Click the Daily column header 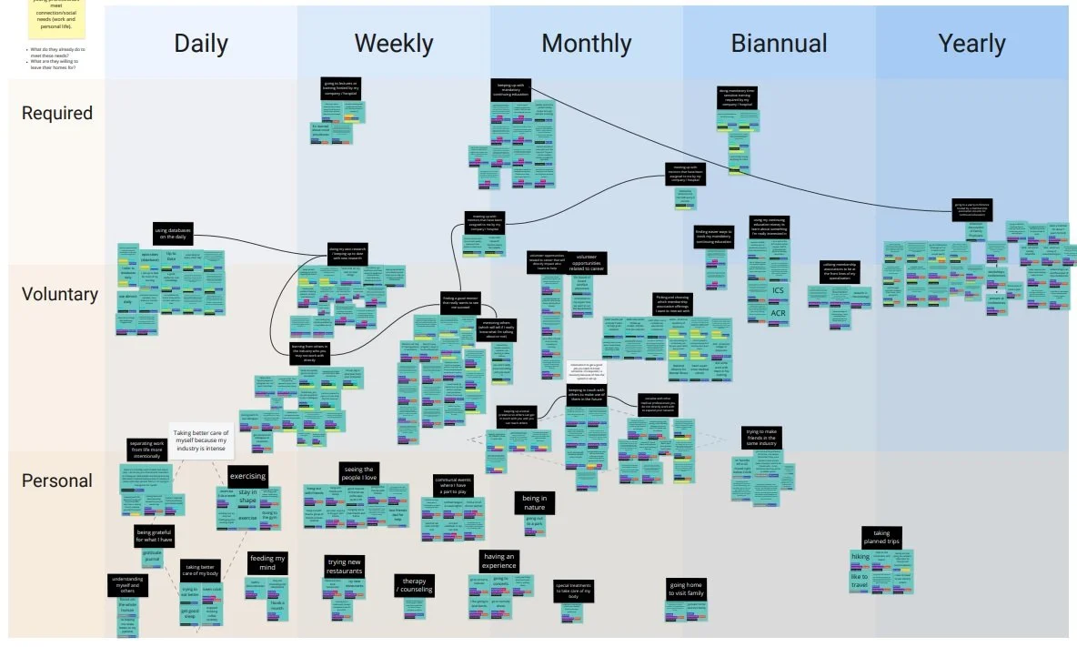click(201, 44)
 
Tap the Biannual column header click(779, 44)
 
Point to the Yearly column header click(971, 44)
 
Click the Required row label click(56, 113)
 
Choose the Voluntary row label click(60, 294)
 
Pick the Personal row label click(56, 480)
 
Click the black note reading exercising click(247, 475)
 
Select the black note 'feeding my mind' click(267, 563)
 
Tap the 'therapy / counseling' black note click(414, 584)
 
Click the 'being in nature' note click(535, 503)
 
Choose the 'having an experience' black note click(499, 561)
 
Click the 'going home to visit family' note click(686, 589)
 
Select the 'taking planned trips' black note click(881, 537)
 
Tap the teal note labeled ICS click(778, 291)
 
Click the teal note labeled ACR click(778, 313)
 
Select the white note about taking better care click(201, 442)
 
